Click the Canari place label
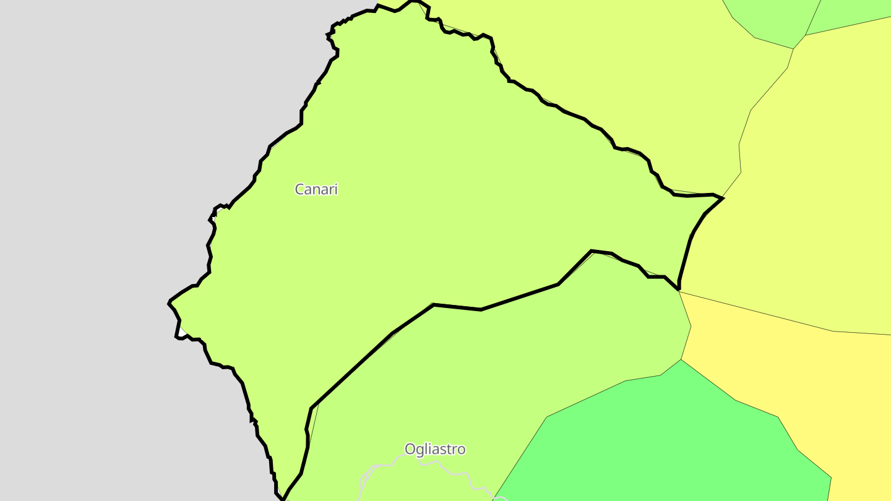coord(316,189)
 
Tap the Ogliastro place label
coord(434,449)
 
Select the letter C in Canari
coord(299,189)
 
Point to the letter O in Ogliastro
coord(410,449)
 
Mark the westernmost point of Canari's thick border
coord(169,302)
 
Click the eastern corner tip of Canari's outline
coord(723,198)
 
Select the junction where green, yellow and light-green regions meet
coord(681,359)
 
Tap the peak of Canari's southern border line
coord(592,250)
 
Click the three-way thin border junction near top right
coord(793,49)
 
